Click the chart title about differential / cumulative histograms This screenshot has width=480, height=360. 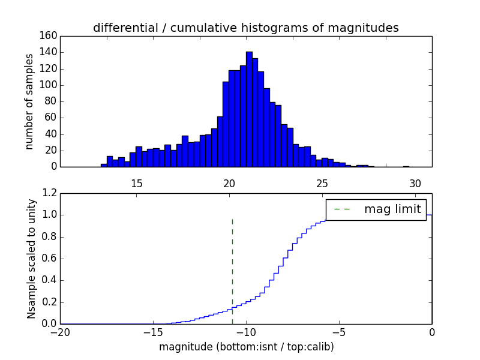[x=245, y=28]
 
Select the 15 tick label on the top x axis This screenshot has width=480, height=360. [x=136, y=183]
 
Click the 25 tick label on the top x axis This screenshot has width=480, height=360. [x=322, y=183]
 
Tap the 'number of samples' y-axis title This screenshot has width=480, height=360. [x=29, y=101]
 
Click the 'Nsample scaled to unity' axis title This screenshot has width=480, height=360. [x=31, y=258]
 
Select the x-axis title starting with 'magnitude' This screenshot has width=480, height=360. [x=246, y=347]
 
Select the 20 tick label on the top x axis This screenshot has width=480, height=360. [x=229, y=183]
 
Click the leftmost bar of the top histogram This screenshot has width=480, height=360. [x=104, y=165]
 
